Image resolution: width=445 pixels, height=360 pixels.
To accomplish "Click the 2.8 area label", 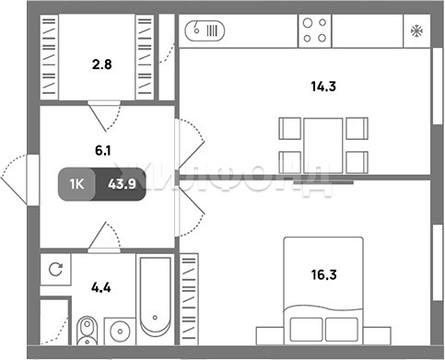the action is [x=102, y=64].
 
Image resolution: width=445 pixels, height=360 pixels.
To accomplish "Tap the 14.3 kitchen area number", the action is [x=323, y=87].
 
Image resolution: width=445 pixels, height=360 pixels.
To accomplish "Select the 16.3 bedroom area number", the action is [x=324, y=274].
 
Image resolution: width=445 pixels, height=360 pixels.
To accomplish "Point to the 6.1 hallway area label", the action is [x=103, y=150].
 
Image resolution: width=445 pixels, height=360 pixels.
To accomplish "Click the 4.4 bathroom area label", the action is [x=101, y=287].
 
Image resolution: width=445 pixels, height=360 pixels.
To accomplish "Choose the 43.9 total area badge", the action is [x=122, y=184].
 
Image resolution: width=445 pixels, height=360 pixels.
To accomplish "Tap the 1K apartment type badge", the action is [x=76, y=184].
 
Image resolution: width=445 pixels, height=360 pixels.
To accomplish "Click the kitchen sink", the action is [x=205, y=30].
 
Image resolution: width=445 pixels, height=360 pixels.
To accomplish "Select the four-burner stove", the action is [x=315, y=30].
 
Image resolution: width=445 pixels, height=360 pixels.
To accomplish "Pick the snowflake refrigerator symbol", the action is [x=416, y=31].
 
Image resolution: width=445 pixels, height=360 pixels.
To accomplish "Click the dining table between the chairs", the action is [x=323, y=145].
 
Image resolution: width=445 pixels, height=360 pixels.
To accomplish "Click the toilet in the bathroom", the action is [x=88, y=331].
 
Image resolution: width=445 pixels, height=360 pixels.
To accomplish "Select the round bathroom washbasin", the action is [x=120, y=331].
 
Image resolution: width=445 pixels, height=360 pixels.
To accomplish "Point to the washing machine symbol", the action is [x=55, y=269].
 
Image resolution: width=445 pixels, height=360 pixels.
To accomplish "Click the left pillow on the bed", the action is [x=306, y=330].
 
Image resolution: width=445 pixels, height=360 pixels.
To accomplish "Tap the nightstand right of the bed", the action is [x=377, y=336].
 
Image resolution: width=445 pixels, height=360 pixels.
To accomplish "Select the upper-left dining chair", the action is [x=290, y=128].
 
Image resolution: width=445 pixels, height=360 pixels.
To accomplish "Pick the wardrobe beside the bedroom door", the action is [x=189, y=299].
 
